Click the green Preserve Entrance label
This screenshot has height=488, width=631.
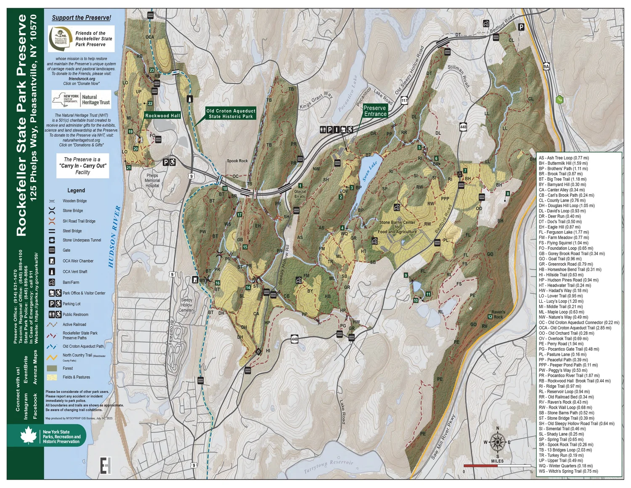(x=375, y=111)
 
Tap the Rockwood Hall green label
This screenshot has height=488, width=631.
(x=162, y=116)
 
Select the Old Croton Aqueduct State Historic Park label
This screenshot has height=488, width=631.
(x=231, y=114)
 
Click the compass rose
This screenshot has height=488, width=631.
(x=498, y=442)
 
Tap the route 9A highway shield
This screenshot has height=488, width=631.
(x=546, y=67)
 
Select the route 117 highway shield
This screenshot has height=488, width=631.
(x=404, y=101)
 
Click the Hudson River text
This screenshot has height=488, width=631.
(x=114, y=236)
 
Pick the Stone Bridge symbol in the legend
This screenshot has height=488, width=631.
(x=52, y=211)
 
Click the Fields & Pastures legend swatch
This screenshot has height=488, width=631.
(x=52, y=377)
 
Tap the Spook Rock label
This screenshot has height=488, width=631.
(x=237, y=161)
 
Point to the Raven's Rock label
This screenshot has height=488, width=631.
(x=498, y=315)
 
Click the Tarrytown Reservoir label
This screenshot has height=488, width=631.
(x=329, y=466)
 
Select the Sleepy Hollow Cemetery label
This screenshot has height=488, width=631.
(x=187, y=305)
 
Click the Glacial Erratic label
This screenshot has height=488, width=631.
(x=300, y=194)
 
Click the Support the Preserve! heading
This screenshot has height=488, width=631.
(x=82, y=18)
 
